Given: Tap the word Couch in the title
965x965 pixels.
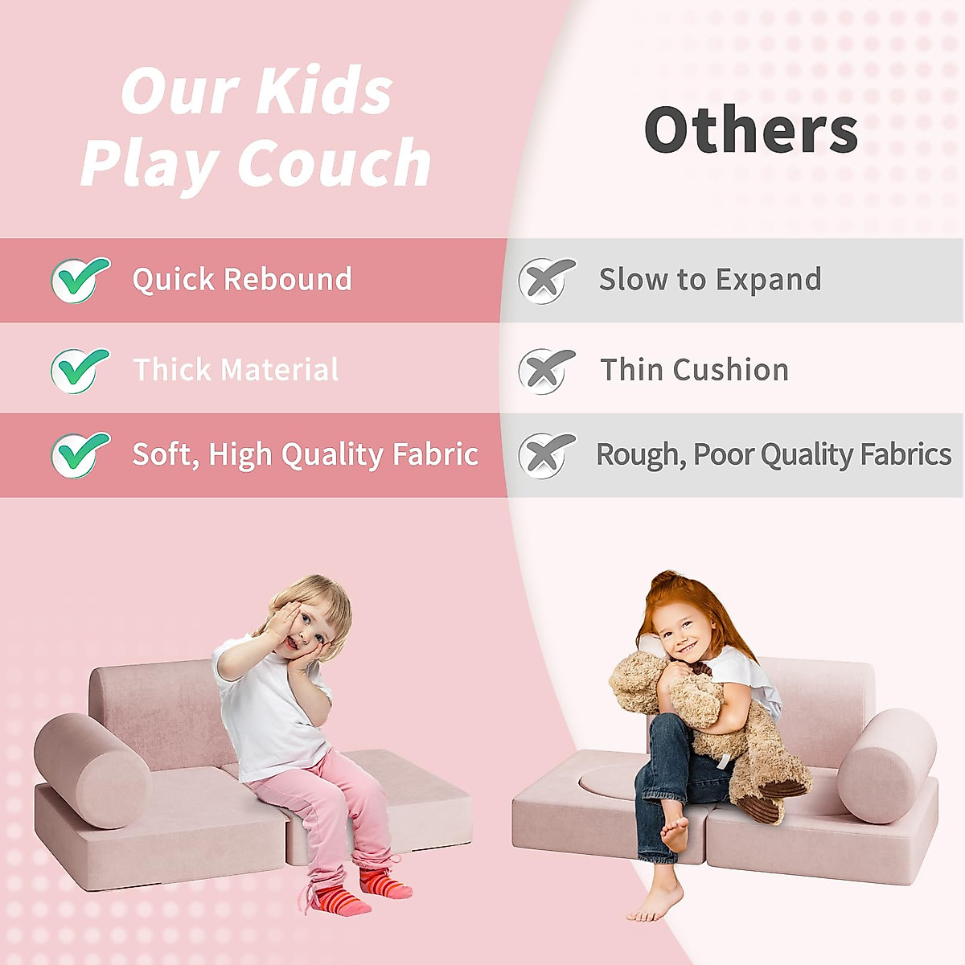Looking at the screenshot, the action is pos(334,162).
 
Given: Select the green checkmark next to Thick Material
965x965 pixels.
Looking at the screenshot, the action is pos(80,370).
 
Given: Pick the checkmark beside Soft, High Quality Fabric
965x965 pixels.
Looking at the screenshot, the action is pos(80,454).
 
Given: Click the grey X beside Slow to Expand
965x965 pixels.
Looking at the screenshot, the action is pos(546,281).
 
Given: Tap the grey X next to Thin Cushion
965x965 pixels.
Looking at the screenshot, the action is pos(546,371).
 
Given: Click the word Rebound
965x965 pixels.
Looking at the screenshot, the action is pos(288,278).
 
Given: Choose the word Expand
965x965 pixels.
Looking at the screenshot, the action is pos(769,280).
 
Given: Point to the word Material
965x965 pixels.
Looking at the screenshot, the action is pos(279,369).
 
